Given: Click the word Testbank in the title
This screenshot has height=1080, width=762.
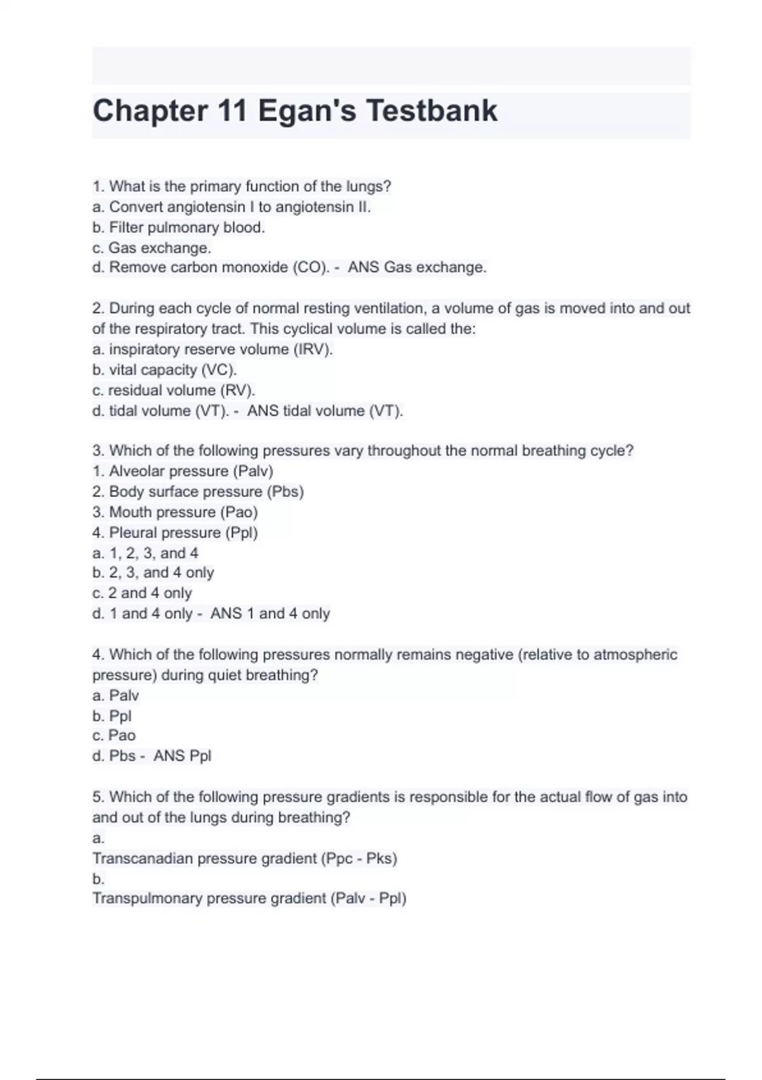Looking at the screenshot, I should coord(432,111).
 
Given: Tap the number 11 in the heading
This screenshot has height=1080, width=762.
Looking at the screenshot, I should coord(232,111).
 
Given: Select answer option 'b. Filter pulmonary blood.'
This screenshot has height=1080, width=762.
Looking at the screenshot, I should coord(178,227).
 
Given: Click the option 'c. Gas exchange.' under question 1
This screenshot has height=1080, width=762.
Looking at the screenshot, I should coord(152,248).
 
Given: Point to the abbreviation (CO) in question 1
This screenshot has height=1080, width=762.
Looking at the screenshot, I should coord(311,267).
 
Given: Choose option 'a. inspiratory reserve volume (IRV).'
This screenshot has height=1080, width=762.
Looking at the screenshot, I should coord(213,349).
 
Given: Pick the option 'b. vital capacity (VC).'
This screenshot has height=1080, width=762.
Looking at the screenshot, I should coord(164,370).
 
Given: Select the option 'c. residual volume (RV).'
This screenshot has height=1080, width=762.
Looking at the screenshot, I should coord(173,390).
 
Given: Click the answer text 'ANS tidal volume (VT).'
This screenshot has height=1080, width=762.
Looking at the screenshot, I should coord(325,411).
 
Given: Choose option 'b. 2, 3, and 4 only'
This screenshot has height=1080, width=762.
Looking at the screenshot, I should coord(153,572).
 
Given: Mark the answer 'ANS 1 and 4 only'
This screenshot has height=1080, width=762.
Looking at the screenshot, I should coord(271,614).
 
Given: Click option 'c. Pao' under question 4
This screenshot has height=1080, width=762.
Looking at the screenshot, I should coord(114,736).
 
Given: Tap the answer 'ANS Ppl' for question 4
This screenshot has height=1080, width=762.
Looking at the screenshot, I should coord(182,756).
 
